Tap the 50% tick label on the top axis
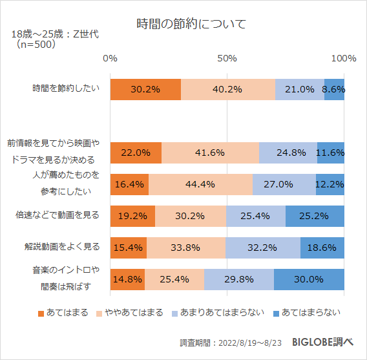(227, 58)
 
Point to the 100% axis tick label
(344, 58)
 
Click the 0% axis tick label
(110, 58)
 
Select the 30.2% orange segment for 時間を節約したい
(145, 89)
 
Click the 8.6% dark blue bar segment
(334, 89)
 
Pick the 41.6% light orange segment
(210, 153)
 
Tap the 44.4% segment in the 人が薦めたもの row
(200, 184)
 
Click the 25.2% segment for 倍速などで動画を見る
(315, 216)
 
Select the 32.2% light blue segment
(263, 247)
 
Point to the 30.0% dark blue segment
(309, 279)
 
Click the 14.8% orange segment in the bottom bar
(127, 279)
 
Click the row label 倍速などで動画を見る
(58, 215)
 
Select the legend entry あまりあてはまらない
(220, 313)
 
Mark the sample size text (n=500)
(37, 45)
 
